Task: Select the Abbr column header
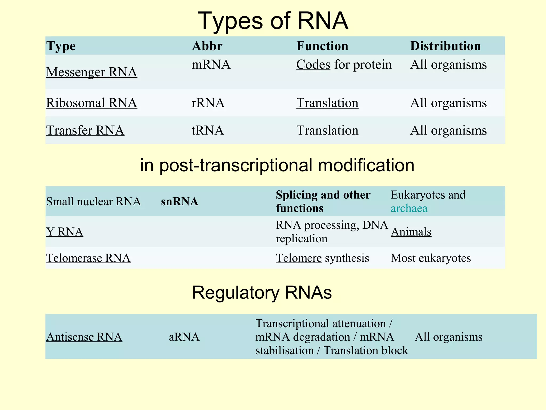207,46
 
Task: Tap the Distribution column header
445,46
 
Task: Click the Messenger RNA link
91,72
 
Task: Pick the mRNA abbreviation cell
211,65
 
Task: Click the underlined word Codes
313,65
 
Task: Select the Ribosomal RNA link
91,103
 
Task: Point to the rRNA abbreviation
208,103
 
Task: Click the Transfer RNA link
85,130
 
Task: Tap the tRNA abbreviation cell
208,130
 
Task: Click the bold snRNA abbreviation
179,202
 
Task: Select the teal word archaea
409,208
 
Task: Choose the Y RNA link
65,232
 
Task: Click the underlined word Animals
411,232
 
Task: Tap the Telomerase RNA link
88,258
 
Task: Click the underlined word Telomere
299,258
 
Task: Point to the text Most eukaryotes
431,258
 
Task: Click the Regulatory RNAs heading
262,293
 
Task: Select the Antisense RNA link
84,337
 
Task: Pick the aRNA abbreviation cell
184,337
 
